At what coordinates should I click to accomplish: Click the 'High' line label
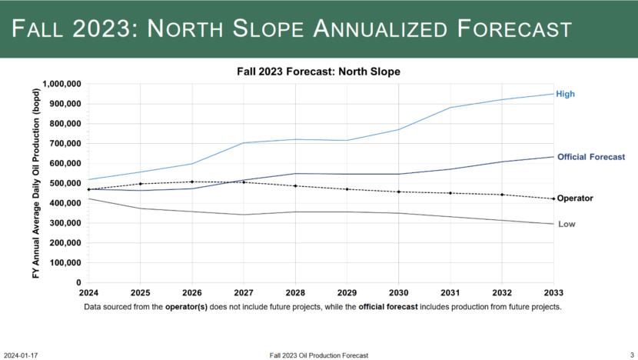(x=565, y=94)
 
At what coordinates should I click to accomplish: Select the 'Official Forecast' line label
(x=590, y=157)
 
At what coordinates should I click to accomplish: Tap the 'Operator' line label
(x=575, y=198)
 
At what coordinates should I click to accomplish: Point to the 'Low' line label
(x=566, y=225)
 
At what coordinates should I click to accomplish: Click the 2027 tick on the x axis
(x=243, y=294)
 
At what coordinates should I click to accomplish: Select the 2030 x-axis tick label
(x=398, y=294)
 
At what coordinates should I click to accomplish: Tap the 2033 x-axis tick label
(x=553, y=294)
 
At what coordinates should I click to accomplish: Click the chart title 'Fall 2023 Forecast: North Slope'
(x=318, y=71)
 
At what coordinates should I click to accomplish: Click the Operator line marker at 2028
(x=295, y=186)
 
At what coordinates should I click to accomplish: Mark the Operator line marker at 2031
(x=450, y=193)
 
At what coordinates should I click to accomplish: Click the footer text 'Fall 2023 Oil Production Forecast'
(x=319, y=355)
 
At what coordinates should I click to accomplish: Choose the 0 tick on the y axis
(x=79, y=283)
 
